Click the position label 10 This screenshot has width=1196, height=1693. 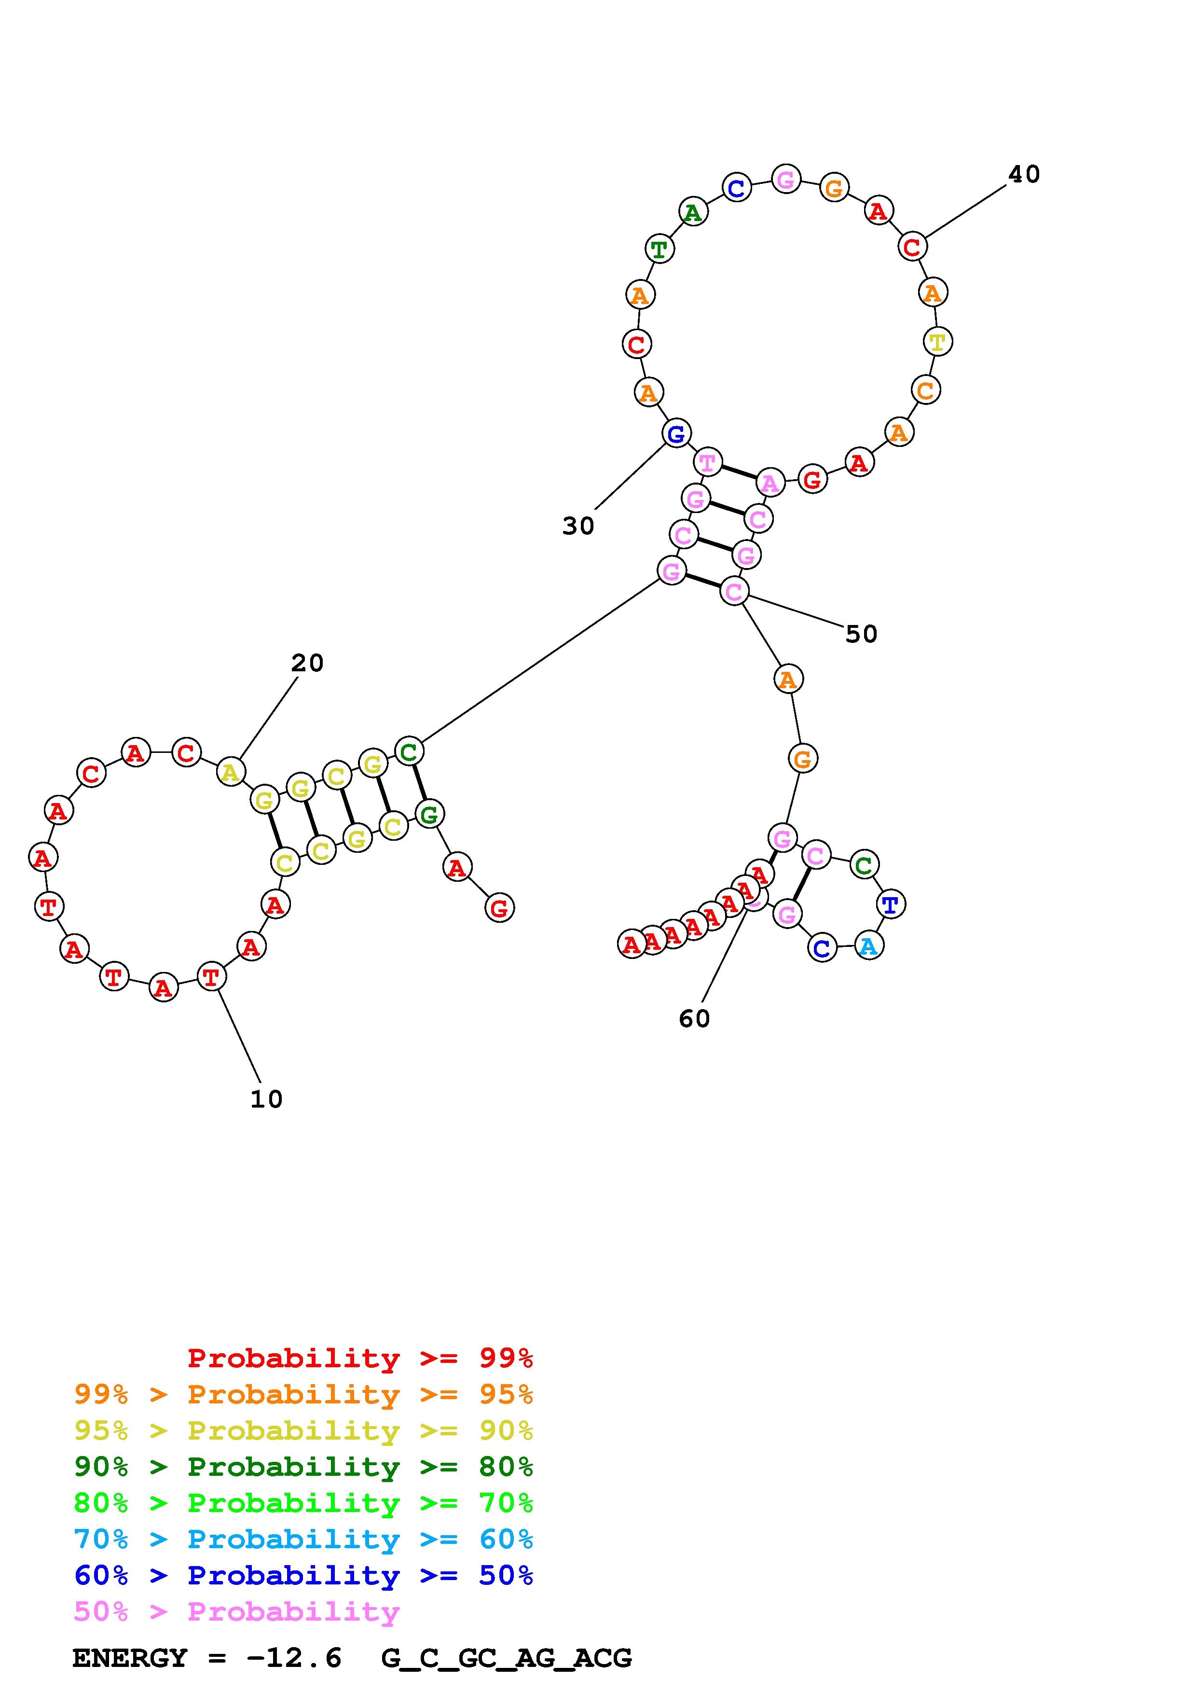[266, 1099]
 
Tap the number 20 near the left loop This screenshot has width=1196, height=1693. [307, 663]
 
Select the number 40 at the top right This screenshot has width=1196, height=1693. [1024, 174]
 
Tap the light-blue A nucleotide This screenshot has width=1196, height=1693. [869, 946]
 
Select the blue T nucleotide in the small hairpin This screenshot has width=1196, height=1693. [890, 903]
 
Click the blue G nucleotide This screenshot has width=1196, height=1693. [676, 433]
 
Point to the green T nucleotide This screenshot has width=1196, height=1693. [659, 249]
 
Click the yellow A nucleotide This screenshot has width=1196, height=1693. [231, 772]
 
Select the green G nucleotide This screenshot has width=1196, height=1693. [429, 814]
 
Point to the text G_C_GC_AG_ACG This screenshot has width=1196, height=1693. [506, 1658]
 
